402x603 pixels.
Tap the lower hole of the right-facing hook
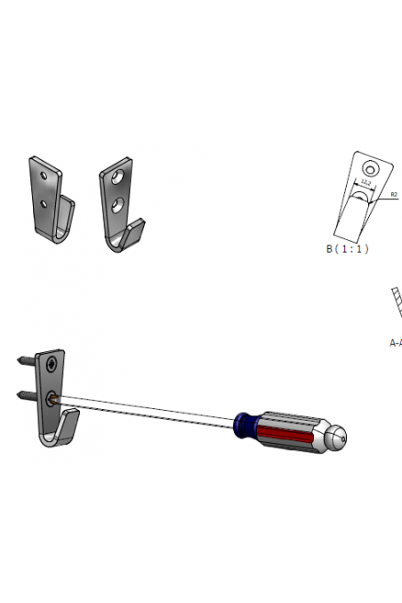click(117, 206)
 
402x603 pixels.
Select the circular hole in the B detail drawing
click(369, 168)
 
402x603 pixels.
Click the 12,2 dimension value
click(366, 181)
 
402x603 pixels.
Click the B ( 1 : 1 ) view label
click(347, 249)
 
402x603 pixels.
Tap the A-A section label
click(396, 342)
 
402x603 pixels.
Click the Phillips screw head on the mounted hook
click(54, 363)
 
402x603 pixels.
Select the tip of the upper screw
click(19, 360)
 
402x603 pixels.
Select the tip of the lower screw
click(19, 392)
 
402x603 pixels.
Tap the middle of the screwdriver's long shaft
click(147, 410)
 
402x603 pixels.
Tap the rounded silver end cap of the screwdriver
click(334, 436)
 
